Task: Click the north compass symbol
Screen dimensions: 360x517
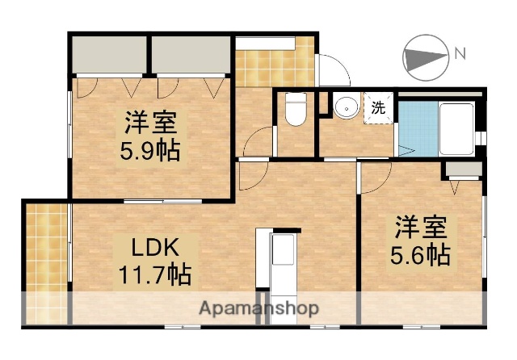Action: (425, 57)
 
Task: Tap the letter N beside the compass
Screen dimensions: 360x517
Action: (460, 54)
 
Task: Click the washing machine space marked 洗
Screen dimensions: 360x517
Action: (377, 105)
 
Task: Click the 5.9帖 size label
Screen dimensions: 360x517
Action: (151, 150)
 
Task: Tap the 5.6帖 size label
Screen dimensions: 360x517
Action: (420, 256)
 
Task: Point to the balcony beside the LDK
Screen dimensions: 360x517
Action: (47, 258)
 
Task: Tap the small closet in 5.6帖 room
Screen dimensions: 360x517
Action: (463, 170)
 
